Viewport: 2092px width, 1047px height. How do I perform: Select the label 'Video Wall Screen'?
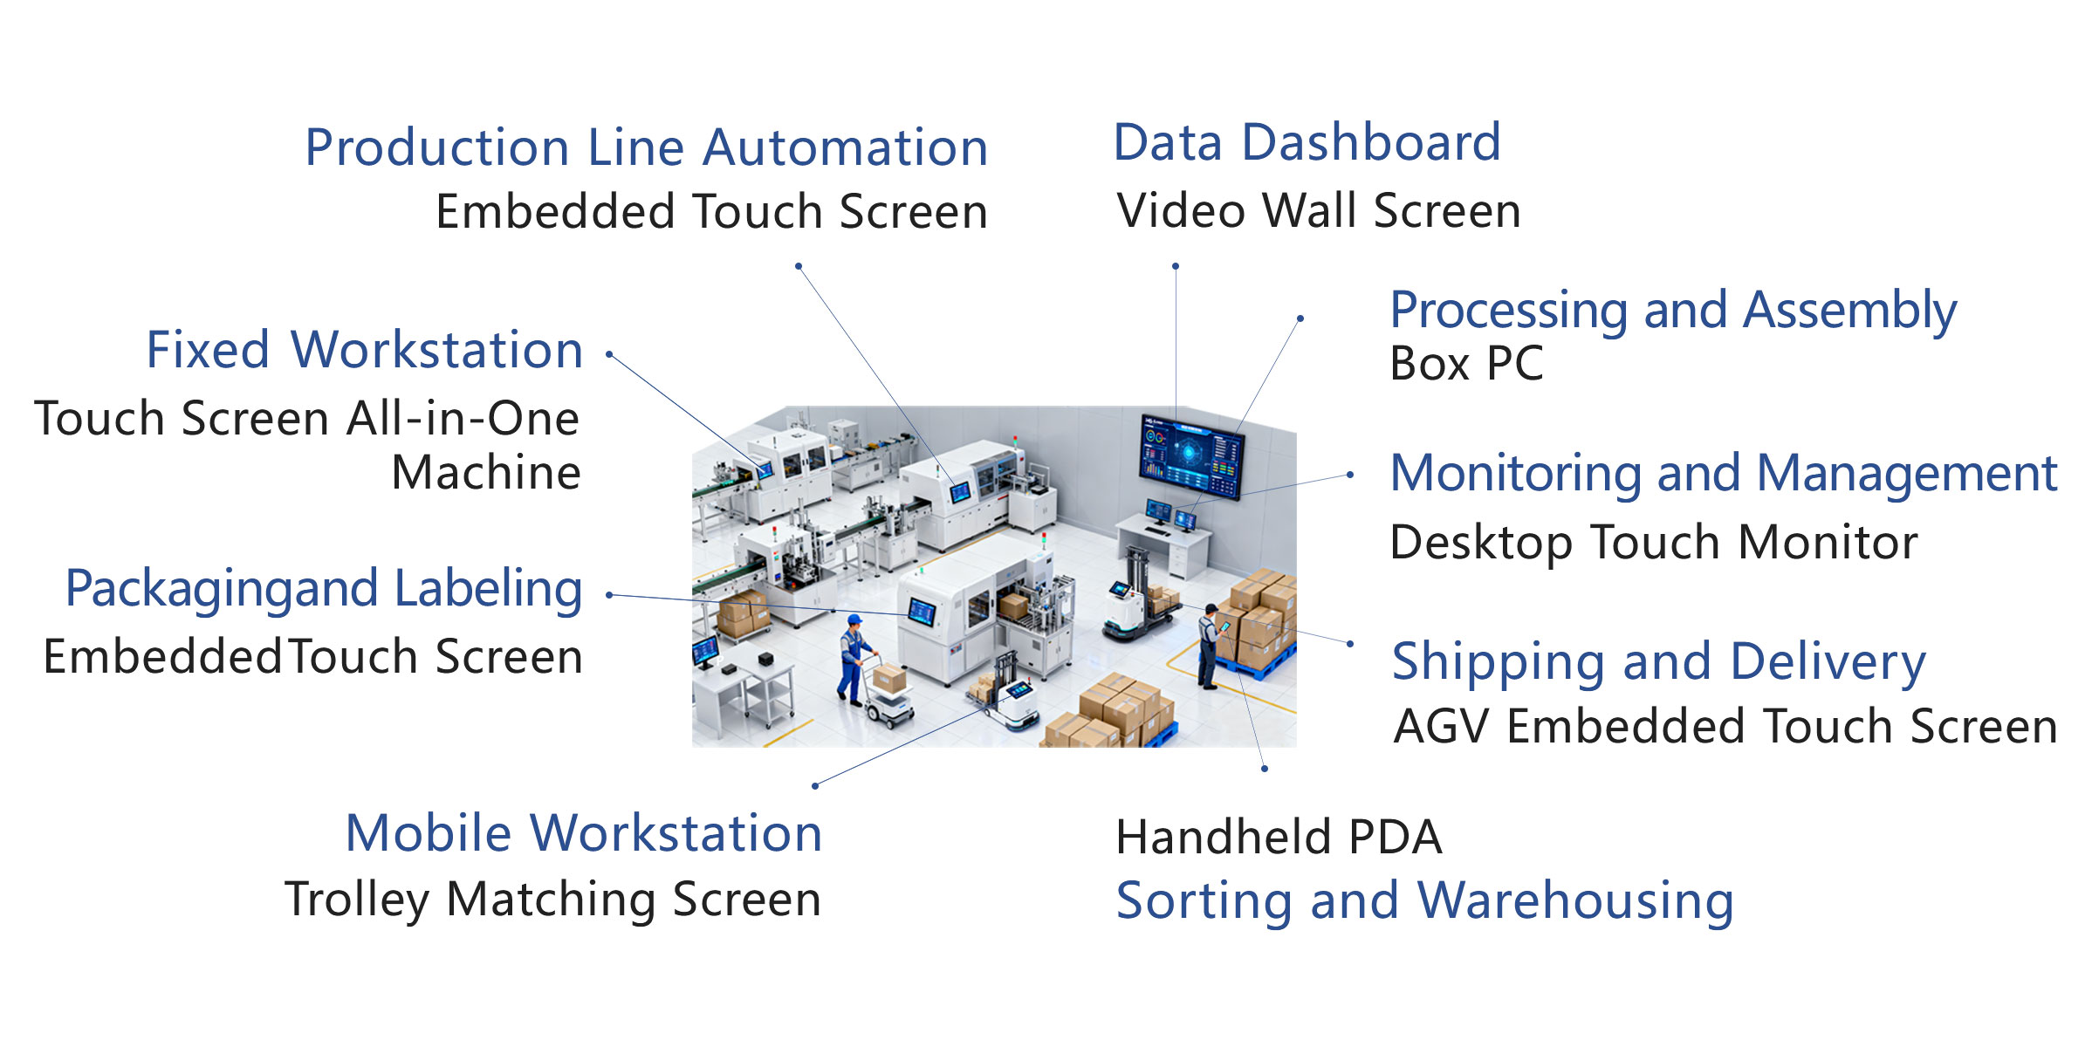tap(1318, 211)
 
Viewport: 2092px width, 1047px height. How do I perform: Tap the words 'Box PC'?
tap(1466, 364)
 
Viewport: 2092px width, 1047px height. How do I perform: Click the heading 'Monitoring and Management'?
tap(1724, 474)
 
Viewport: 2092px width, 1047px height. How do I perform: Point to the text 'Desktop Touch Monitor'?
tap(1654, 543)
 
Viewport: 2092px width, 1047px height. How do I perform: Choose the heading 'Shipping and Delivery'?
tap(1658, 661)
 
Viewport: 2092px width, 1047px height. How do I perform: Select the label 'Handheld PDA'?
tap(1279, 838)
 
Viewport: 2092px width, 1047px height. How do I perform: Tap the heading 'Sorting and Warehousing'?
tap(1424, 901)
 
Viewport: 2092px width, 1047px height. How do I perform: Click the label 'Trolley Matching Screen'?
tap(553, 900)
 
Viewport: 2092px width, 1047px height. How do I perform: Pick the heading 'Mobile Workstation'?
tap(584, 833)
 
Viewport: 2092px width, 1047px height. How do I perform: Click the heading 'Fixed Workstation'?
tap(365, 351)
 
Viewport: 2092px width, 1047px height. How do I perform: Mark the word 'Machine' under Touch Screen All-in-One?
tap(486, 474)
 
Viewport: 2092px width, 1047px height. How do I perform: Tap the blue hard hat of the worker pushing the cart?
tap(854, 620)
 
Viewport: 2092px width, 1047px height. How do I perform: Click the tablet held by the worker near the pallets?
tap(1225, 626)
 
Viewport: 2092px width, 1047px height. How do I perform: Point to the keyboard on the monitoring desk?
tap(1158, 530)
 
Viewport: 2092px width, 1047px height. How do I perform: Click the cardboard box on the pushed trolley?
tap(889, 677)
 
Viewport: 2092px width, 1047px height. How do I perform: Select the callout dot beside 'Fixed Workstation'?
tap(609, 354)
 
